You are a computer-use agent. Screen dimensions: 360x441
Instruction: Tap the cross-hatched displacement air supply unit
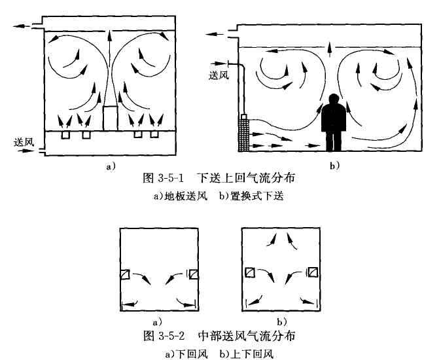point(246,134)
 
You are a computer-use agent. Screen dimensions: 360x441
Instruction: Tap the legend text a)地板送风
point(185,194)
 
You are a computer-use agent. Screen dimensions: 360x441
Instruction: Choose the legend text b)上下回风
point(245,353)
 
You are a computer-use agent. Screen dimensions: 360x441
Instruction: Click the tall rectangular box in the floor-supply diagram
point(110,118)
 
